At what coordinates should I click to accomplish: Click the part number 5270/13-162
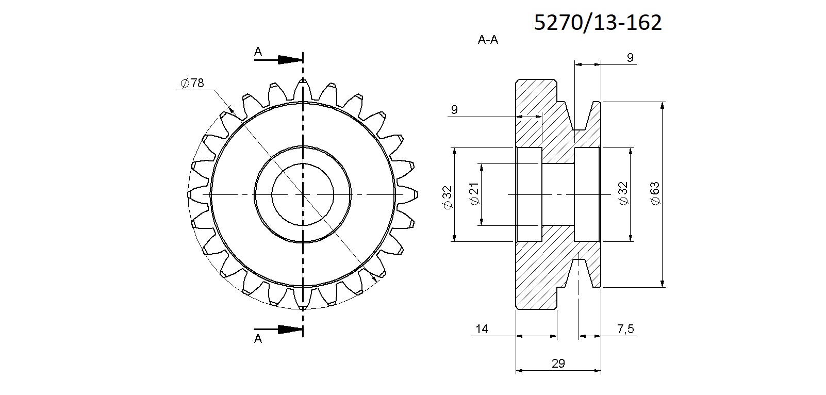pos(598,23)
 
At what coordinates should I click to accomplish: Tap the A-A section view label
pos(488,40)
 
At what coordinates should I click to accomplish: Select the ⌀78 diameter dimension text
pos(192,83)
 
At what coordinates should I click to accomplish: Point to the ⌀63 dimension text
pos(655,193)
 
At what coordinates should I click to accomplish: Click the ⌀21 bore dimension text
pos(474,193)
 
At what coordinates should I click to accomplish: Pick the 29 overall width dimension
pos(558,363)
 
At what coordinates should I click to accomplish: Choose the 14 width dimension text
pos(482,328)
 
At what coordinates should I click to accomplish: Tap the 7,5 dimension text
pos(625,328)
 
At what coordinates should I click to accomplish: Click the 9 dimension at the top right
pos(630,58)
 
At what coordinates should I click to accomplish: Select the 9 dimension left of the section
pos(454,109)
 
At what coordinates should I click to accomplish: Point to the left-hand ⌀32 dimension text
pos(447,198)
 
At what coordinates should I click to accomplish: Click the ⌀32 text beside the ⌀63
pos(623,193)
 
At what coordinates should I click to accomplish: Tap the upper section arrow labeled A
pos(278,59)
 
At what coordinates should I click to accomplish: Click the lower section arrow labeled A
pos(278,330)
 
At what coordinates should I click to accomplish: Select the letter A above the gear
pos(258,52)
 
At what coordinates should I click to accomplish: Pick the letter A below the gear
pos(258,339)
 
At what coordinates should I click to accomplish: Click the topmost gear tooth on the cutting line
pos(303,89)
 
